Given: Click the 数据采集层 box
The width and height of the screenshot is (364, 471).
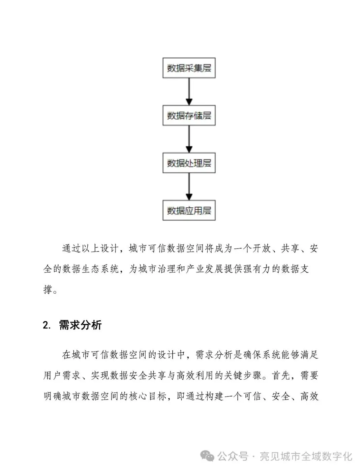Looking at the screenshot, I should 189,68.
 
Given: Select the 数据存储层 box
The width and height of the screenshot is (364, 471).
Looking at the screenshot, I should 189,116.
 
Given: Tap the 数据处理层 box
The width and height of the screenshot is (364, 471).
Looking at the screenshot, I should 189,163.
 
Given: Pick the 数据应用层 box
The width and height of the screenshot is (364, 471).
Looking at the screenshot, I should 189,211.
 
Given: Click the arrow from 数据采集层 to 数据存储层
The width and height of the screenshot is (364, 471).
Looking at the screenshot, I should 189,91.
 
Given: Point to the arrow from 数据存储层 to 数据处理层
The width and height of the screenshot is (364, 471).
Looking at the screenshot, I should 189,139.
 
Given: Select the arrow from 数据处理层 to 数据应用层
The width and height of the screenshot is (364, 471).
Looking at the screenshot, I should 189,186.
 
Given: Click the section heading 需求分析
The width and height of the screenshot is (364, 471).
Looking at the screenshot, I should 80,325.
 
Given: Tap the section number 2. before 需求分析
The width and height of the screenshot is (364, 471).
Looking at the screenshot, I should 47,326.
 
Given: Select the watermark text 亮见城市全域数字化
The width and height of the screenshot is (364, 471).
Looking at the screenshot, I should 306,457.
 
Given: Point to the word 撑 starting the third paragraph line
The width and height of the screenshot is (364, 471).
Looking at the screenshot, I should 48,290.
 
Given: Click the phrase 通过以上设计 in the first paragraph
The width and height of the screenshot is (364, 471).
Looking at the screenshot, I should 90,249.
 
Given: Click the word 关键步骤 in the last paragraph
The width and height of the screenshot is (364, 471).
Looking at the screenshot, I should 243,375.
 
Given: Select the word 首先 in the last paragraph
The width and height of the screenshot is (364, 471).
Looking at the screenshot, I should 281,375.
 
